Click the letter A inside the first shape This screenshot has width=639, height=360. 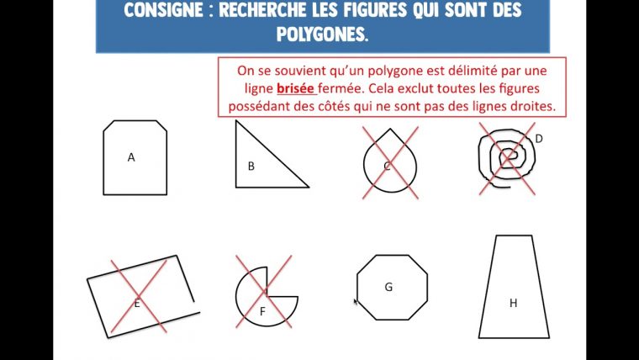(x=131, y=157)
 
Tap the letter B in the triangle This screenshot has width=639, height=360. (x=251, y=167)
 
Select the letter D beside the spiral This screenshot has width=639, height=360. (x=539, y=139)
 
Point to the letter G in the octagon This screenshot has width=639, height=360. (x=388, y=287)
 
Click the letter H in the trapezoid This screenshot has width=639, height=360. (x=513, y=303)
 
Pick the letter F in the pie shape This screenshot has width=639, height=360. (x=262, y=312)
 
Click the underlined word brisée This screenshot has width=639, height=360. (x=295, y=88)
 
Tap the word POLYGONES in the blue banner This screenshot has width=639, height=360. (x=322, y=34)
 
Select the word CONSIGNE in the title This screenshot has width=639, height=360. (x=164, y=10)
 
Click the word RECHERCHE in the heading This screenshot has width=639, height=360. (x=264, y=10)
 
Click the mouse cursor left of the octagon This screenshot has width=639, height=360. (x=356, y=302)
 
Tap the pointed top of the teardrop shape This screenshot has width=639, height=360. (x=390, y=129)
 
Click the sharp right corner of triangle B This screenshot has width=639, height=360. (x=309, y=187)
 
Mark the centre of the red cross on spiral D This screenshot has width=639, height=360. (x=507, y=159)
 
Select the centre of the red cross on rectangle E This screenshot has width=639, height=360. (x=139, y=296)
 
